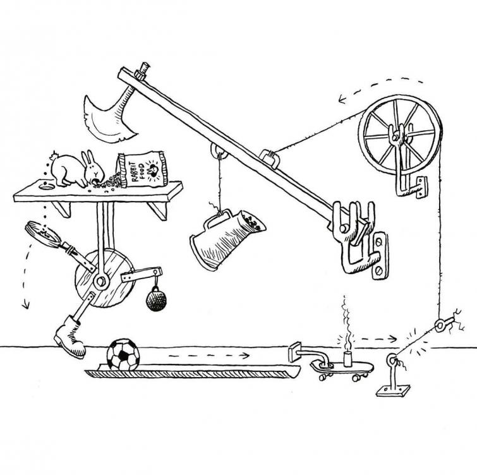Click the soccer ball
click(x=123, y=354)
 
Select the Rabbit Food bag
click(x=143, y=170)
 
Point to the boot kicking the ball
click(x=69, y=335)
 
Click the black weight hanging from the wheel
click(x=156, y=299)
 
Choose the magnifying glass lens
click(x=42, y=234)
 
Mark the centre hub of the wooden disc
click(x=101, y=280)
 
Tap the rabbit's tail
click(x=55, y=156)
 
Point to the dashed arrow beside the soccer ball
click(x=209, y=356)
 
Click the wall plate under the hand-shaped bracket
click(x=380, y=255)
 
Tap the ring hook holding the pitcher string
click(x=219, y=152)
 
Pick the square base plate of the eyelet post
click(x=392, y=390)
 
